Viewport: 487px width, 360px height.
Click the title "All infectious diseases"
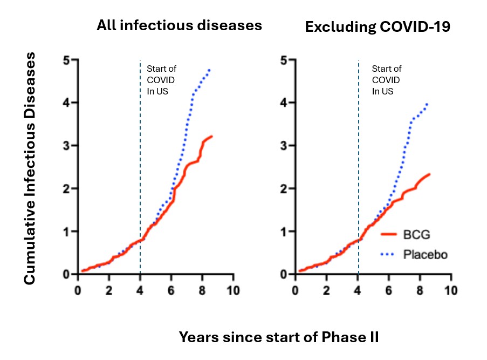[180, 25]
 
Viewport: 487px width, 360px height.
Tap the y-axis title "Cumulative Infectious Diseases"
[31, 168]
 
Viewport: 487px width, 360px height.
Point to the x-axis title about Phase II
[279, 338]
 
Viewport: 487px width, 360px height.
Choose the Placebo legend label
[425, 254]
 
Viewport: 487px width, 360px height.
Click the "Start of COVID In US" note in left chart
[161, 80]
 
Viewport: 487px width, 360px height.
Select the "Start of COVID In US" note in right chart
[387, 80]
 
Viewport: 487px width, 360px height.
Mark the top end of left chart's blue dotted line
[209, 69]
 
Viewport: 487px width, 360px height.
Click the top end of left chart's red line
[212, 136]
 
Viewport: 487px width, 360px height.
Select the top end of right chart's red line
[429, 174]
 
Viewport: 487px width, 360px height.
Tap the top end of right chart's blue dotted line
[428, 103]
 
